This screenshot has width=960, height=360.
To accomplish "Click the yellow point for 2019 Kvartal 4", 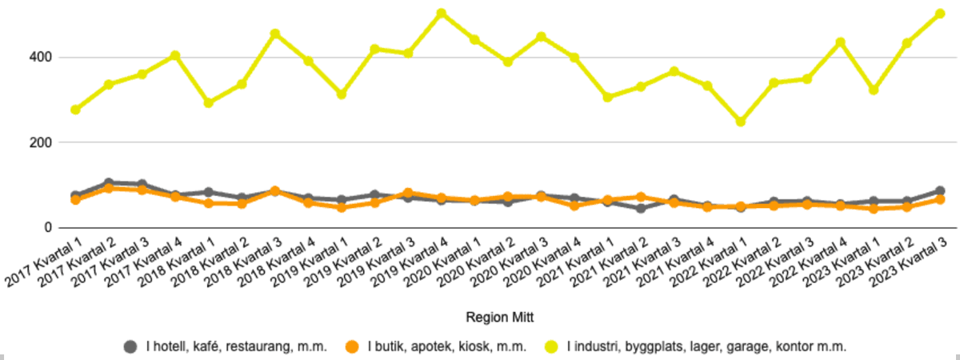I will [x=441, y=14].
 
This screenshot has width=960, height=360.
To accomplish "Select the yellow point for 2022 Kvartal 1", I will [x=741, y=122].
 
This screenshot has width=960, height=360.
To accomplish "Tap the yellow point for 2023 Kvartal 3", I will [x=940, y=14].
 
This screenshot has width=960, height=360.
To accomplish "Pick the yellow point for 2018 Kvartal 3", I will [x=275, y=34].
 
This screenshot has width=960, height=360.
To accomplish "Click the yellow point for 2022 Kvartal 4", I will [x=840, y=42].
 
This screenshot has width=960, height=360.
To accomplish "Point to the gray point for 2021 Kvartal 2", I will [x=641, y=209].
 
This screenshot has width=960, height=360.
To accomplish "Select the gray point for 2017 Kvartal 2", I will [x=109, y=183].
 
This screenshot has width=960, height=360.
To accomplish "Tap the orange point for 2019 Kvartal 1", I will [x=342, y=207].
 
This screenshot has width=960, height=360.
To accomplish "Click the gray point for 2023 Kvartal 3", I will [x=940, y=191].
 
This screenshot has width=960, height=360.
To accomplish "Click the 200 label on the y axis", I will [x=43, y=142].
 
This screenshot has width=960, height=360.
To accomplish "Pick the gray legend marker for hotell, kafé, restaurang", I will [x=130, y=346].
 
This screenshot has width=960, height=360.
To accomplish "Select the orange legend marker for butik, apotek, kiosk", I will [x=352, y=346].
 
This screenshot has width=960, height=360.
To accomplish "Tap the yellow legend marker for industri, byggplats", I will [x=551, y=346].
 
